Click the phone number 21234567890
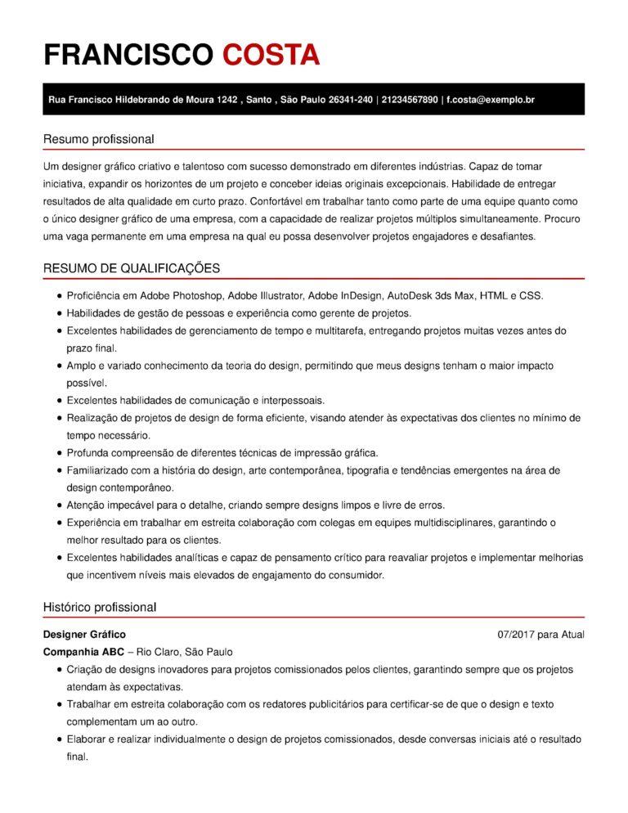point(410,100)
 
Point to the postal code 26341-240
point(350,100)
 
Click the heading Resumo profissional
point(98,139)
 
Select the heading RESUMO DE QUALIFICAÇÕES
point(131,268)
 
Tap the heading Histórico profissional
point(99,607)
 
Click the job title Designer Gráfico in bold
point(84,634)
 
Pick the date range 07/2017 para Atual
point(541,635)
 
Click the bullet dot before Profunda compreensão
point(60,452)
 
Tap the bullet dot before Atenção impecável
point(60,505)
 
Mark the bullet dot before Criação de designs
point(60,670)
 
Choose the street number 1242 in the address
point(227,100)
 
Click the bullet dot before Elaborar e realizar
point(60,739)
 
